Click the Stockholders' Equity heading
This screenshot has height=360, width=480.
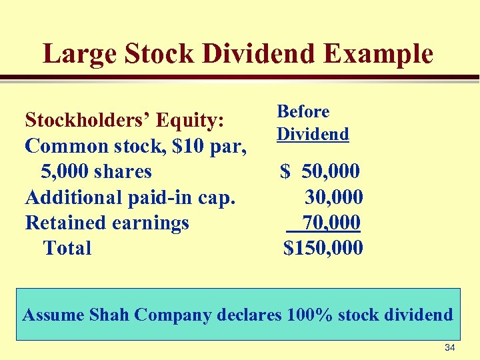pyautogui.click(x=124, y=120)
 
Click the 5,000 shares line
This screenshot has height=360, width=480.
pyautogui.click(x=96, y=171)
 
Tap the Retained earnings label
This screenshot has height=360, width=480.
pyautogui.click(x=107, y=223)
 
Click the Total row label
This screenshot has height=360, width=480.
pyautogui.click(x=67, y=248)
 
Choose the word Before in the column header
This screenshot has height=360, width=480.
pyautogui.click(x=303, y=111)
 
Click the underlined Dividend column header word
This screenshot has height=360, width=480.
pyautogui.click(x=313, y=134)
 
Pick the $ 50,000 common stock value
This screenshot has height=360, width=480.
pyautogui.click(x=321, y=171)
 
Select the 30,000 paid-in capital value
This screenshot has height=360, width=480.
pyautogui.click(x=333, y=197)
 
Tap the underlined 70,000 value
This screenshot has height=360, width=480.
pyautogui.click(x=331, y=222)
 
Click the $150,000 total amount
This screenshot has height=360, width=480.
pyautogui.click(x=323, y=248)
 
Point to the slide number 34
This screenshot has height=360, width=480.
pyautogui.click(x=450, y=347)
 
